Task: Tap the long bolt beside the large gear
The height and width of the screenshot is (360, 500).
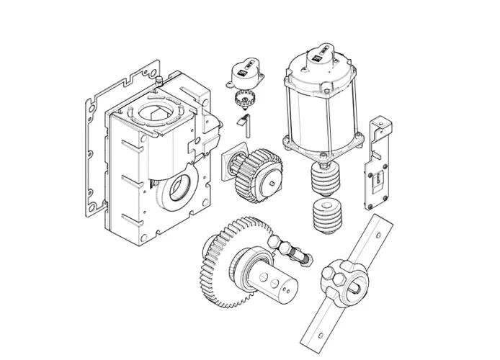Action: (292, 251)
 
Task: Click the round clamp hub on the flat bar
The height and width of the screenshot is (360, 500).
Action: (344, 276)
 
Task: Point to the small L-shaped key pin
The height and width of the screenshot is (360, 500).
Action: (245, 124)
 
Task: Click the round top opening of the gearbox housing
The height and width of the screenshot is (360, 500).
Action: (157, 111)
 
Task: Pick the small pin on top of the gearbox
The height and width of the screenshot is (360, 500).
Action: (157, 85)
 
